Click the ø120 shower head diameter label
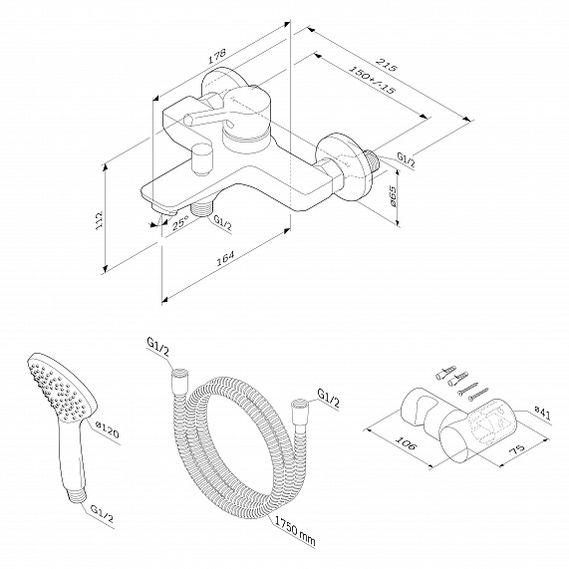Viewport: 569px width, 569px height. [x=107, y=432]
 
